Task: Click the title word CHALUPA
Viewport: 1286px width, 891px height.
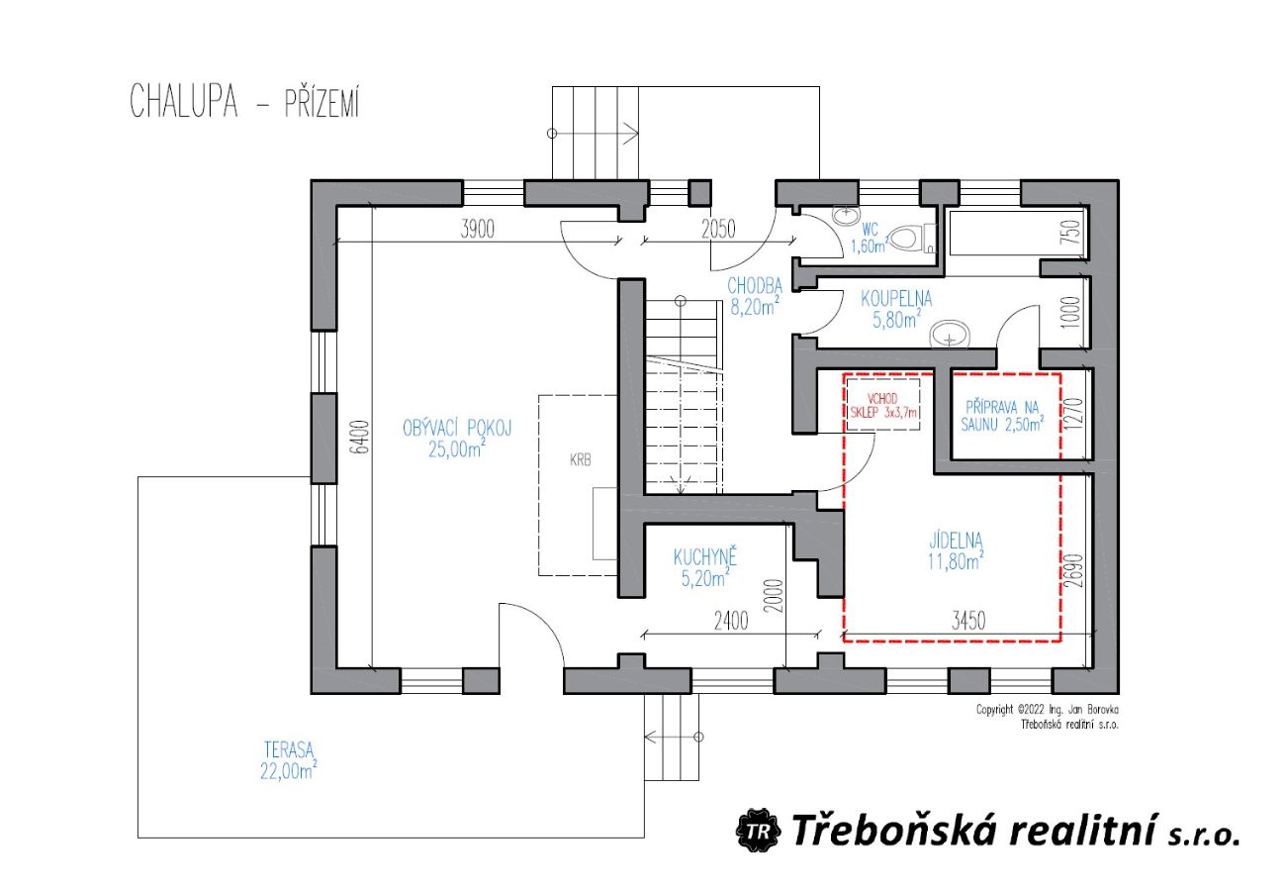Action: (184, 101)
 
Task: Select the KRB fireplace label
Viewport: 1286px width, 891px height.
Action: (581, 460)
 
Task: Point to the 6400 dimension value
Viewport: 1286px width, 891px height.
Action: (361, 438)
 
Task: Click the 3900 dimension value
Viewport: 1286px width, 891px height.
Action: (477, 230)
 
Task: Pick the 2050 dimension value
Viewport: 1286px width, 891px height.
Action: (717, 230)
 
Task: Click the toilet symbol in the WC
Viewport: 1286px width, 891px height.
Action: (912, 237)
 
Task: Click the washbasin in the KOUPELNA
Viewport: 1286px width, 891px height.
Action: (950, 335)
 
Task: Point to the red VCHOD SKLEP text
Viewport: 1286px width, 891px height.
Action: (882, 405)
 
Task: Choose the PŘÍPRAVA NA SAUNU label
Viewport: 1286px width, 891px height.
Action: (1002, 416)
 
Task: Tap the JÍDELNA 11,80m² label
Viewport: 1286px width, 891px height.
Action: (956, 550)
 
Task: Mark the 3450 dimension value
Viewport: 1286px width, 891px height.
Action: (968, 621)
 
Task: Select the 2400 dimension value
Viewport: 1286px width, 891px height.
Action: (731, 621)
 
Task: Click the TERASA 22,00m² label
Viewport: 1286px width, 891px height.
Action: (289, 760)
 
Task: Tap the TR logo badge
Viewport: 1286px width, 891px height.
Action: (759, 830)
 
